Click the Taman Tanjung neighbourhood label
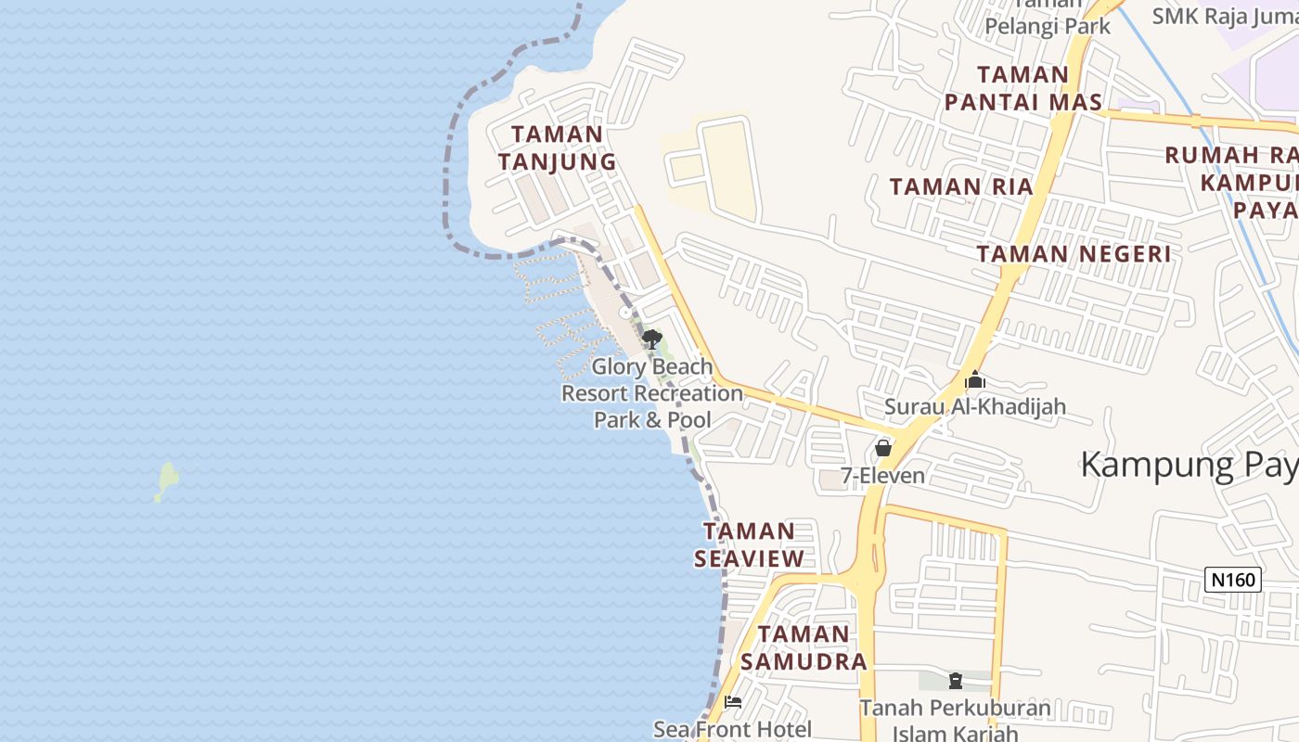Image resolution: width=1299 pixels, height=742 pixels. tap(557, 148)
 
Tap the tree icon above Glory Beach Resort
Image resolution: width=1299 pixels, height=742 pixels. tap(652, 339)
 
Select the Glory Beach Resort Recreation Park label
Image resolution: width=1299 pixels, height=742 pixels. tap(652, 393)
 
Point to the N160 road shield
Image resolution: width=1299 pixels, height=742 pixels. tap(1233, 580)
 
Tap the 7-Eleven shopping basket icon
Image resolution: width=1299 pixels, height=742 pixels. tap(883, 449)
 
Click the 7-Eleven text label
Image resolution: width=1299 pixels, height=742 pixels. tap(883, 476)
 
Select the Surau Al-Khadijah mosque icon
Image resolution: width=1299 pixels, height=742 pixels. tap(974, 380)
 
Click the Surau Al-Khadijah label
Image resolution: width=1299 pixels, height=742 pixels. tap(974, 406)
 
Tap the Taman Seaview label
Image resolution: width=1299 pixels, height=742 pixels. tap(750, 544)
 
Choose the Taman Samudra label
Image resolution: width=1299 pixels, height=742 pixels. tap(804, 647)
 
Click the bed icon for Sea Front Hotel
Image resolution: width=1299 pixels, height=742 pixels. tap(733, 702)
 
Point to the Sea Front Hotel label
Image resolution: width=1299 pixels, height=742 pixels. tap(733, 730)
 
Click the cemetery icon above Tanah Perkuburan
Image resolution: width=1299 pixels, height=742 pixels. tap(956, 682)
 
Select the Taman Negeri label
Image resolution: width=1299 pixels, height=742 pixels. tap(1074, 253)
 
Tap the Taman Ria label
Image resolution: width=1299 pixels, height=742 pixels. tap(961, 186)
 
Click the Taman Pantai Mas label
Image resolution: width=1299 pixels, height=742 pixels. tap(1023, 88)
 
